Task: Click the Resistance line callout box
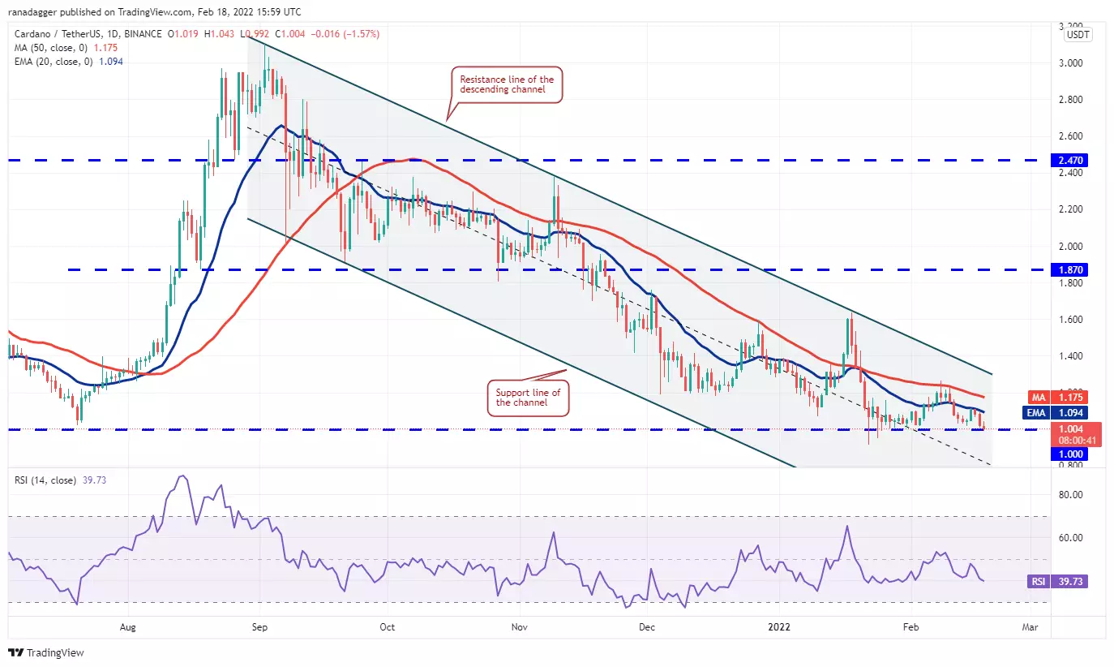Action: pos(506,84)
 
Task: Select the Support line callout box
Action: pos(527,398)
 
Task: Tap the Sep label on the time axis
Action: pos(259,627)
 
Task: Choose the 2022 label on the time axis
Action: pos(780,627)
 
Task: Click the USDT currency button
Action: pos(1078,35)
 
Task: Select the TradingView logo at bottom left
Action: pos(46,652)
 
